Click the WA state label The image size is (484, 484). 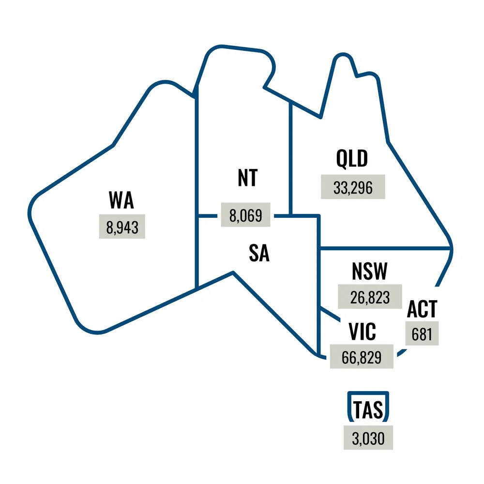[121, 200]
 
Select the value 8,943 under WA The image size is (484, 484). [121, 226]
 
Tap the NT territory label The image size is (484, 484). [247, 178]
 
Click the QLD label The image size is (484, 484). [352, 159]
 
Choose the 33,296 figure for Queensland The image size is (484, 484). [353, 186]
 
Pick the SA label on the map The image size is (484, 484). [259, 253]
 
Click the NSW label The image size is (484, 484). [370, 272]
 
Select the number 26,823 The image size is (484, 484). [370, 296]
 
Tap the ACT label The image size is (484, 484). [422, 309]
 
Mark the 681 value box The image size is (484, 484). [422, 333]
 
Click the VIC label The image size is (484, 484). [362, 333]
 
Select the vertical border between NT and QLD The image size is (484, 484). [289, 155]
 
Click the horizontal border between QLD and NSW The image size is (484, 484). [387, 248]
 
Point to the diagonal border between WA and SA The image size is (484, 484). [213, 281]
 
